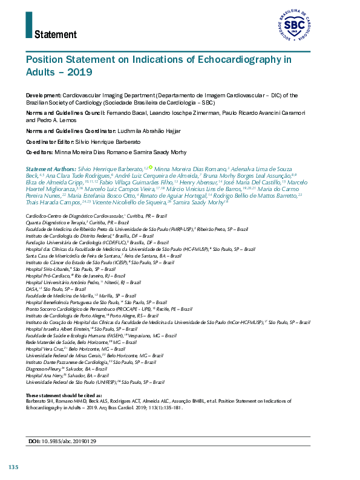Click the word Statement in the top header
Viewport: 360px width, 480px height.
[x=55, y=34]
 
